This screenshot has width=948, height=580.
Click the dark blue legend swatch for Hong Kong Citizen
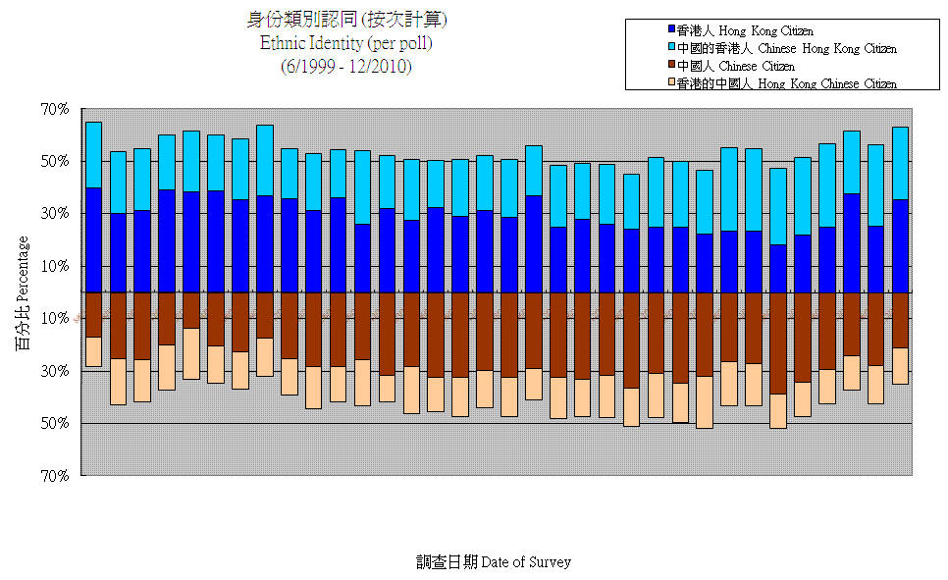point(671,31)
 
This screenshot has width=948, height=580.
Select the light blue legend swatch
point(671,48)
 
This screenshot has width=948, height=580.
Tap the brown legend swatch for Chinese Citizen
point(671,66)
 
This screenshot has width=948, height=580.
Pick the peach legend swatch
point(671,83)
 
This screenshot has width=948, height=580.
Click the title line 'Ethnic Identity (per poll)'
point(345,43)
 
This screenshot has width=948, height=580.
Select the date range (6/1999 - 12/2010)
point(345,66)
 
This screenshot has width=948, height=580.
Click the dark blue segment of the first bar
point(93,239)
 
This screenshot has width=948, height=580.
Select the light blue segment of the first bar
point(93,154)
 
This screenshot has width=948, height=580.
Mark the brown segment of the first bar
point(93,315)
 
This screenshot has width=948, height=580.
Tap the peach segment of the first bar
point(93,352)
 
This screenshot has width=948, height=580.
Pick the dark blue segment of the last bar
point(900,245)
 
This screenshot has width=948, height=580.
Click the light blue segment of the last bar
point(900,163)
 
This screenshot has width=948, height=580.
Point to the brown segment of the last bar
point(900,320)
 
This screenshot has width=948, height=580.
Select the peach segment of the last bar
point(900,366)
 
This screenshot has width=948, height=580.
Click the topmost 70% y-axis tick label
point(55,109)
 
